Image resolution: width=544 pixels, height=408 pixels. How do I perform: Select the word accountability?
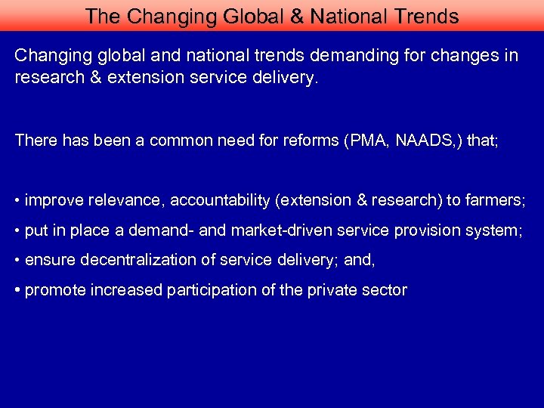(x=219, y=200)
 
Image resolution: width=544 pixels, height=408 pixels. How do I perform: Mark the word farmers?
(x=495, y=200)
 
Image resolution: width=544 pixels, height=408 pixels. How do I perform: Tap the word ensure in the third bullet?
(x=46, y=261)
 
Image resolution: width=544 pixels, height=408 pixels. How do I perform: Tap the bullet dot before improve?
(x=17, y=201)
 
